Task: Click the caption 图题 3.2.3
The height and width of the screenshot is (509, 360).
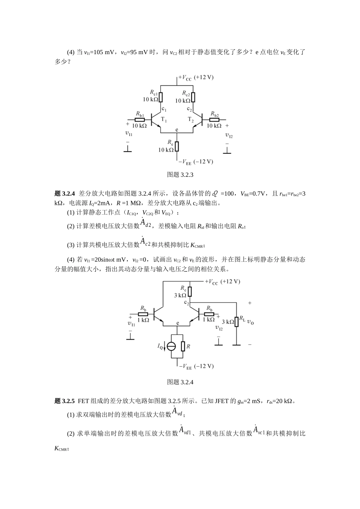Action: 180,175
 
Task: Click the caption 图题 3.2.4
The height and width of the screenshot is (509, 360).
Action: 180,382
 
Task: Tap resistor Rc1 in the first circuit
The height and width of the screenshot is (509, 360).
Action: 161,97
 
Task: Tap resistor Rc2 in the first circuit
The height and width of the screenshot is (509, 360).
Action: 193,97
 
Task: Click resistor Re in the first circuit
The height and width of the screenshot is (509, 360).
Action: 177,146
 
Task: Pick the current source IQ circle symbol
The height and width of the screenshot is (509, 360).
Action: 171,346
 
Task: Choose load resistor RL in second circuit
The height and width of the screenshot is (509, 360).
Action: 236,321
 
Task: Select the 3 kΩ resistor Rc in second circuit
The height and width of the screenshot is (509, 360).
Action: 189,291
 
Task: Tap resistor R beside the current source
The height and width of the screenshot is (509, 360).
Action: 183,346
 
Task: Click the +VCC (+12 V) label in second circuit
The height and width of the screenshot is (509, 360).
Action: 222,282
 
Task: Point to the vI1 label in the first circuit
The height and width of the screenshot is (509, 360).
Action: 128,133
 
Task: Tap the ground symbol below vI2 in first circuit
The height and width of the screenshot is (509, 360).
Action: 227,151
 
